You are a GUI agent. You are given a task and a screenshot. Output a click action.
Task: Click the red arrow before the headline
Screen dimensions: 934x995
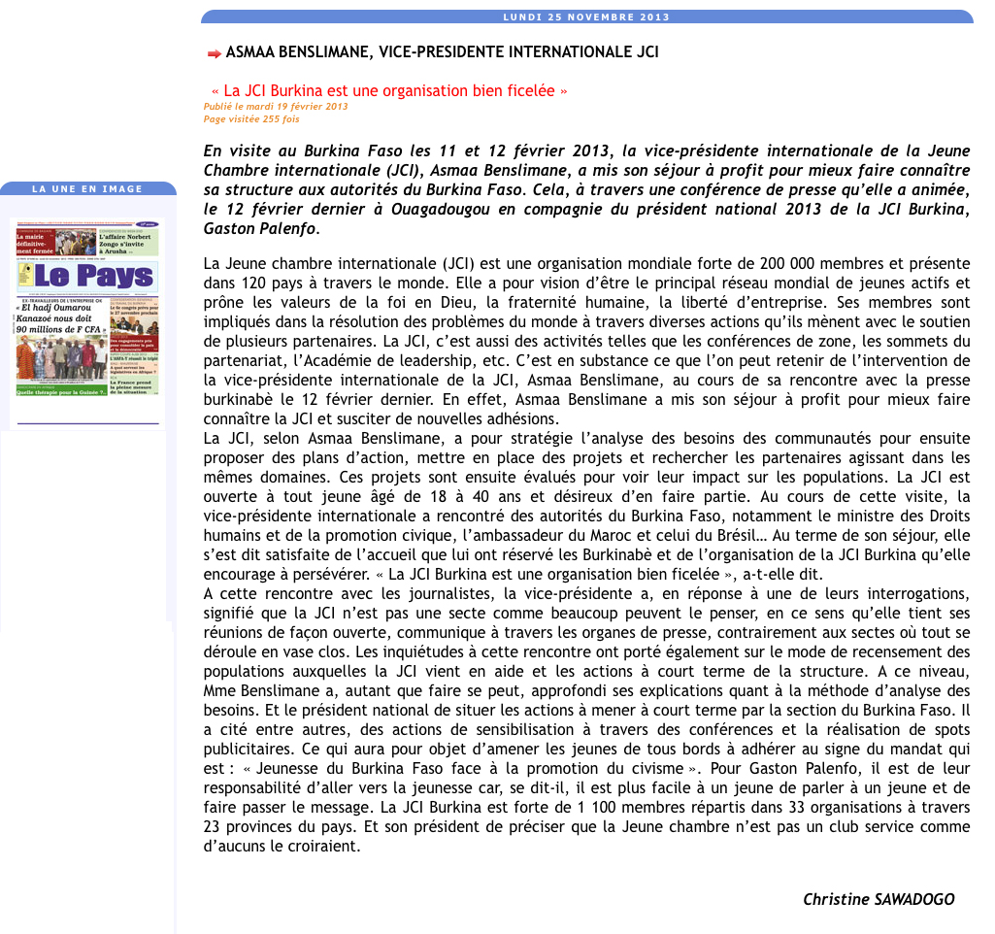(x=214, y=52)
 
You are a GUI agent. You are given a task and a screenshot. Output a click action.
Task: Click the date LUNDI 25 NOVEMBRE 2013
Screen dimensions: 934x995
(x=586, y=17)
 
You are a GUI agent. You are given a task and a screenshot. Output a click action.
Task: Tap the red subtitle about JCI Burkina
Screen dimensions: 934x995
(x=388, y=91)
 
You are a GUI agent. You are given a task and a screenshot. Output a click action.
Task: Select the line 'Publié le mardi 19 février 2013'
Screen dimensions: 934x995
(x=276, y=106)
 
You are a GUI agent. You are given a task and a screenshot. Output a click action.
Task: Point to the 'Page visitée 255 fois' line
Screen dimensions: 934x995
(x=251, y=119)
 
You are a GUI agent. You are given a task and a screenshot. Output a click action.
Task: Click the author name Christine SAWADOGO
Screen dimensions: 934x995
(x=879, y=899)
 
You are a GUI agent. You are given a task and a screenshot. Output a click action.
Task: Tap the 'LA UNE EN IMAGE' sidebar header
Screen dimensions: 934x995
(x=87, y=189)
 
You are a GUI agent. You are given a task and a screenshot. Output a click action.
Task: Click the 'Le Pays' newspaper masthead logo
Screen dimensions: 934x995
(x=87, y=277)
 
